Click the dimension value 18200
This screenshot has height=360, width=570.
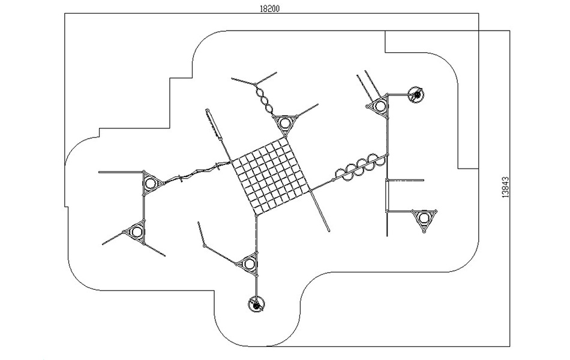coord(269,9)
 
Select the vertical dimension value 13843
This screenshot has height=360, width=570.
coord(506,187)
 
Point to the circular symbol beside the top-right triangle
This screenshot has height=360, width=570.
coord(416,95)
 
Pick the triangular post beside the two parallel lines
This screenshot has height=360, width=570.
coord(380,106)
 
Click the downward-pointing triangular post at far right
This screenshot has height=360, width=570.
coord(424,218)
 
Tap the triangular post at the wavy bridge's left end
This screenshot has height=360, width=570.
coord(149,183)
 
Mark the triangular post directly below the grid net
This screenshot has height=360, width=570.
coord(248,263)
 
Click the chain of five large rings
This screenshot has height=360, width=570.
coord(360,167)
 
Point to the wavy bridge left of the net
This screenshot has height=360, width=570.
coord(198,172)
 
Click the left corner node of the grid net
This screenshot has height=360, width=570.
coord(232,162)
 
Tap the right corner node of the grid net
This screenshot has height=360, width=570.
coord(310,190)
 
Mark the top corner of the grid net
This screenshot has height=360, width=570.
coord(286,137)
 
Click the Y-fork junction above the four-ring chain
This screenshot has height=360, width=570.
coord(256,85)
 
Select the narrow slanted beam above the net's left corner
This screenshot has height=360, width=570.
coord(214,124)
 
